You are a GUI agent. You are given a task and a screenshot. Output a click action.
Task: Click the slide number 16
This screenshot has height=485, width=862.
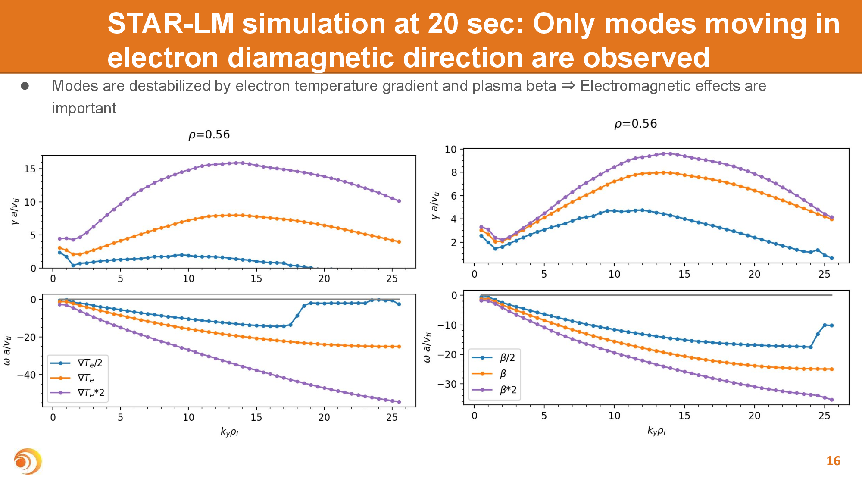[x=833, y=461]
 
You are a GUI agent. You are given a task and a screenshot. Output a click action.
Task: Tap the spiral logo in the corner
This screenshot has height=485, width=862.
[x=28, y=461]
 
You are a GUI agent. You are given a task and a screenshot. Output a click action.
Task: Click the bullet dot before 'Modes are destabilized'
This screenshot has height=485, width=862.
[x=25, y=86]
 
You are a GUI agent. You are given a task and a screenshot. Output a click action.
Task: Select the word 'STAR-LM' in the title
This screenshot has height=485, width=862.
[x=170, y=24]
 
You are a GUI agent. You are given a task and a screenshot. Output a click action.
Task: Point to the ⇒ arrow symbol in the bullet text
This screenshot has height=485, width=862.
[x=568, y=86]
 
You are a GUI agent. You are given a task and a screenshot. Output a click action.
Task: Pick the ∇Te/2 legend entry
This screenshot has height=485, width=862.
[x=78, y=363]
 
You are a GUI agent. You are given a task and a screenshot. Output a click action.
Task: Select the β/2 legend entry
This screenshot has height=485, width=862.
[x=494, y=357]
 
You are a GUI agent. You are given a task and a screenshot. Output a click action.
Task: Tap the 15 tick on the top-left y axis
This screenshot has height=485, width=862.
[x=30, y=169]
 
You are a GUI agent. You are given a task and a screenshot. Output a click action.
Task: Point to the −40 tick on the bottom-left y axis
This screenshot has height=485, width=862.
[x=27, y=375]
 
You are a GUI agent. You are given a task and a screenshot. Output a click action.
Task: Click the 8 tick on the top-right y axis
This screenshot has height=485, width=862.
[x=453, y=172]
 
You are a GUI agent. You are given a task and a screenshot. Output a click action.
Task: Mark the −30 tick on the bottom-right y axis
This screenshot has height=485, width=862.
[x=447, y=384]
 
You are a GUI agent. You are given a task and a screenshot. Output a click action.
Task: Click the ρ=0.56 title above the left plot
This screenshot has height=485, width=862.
[x=209, y=135]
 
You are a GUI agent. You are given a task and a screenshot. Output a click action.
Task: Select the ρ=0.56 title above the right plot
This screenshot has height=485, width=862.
[x=635, y=124]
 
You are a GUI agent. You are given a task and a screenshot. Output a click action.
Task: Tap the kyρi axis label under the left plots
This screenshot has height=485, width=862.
[x=229, y=432]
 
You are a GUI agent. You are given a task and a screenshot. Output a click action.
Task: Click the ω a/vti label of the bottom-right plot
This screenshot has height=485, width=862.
[x=427, y=347]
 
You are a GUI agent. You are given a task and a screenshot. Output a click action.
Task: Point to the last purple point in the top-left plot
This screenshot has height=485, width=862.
[x=399, y=201]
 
